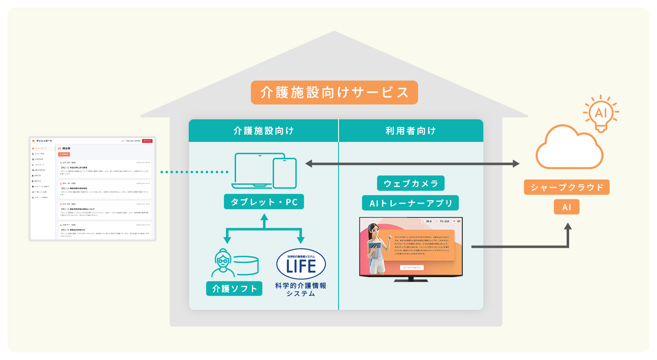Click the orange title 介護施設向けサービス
[x=334, y=93]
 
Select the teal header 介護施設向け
[x=263, y=131]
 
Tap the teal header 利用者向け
[x=411, y=131]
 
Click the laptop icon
[x=253, y=171]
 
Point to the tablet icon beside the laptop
[x=285, y=173]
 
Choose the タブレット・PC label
[x=264, y=202]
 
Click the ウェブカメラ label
[x=411, y=183]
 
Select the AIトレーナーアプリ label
[x=411, y=203]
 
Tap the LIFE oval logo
[x=301, y=265]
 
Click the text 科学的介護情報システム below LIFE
[x=300, y=289]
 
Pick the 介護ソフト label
[x=234, y=288]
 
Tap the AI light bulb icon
[x=601, y=113]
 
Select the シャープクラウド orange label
[x=567, y=187]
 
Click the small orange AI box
[x=567, y=207]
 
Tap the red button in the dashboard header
[x=147, y=141]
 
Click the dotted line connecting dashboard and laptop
[x=195, y=172]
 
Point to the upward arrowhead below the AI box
[x=567, y=227]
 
